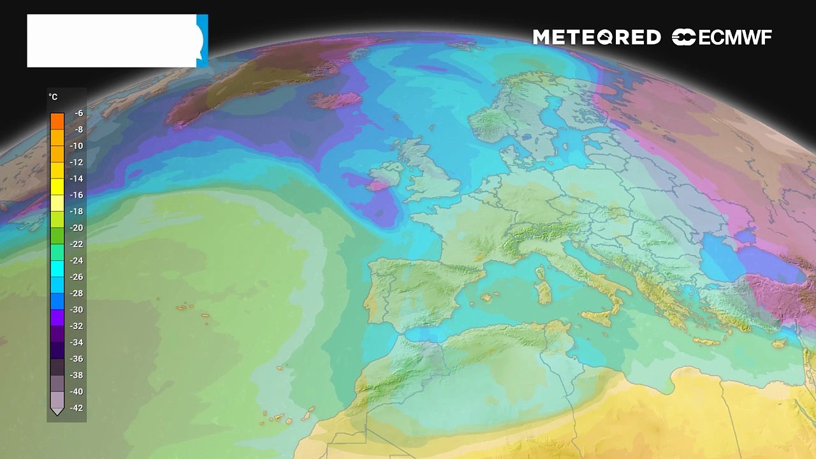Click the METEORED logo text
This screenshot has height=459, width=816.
click(x=597, y=38)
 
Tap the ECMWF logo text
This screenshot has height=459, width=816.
click(x=722, y=38)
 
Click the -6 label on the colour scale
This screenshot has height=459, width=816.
click(x=78, y=113)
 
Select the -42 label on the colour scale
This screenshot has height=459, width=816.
click(x=77, y=408)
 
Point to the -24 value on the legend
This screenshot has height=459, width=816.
click(x=77, y=260)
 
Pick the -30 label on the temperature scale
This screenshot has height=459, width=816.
click(x=77, y=310)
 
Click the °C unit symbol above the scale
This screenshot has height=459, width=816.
click(x=53, y=97)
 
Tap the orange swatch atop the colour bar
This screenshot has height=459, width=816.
click(x=57, y=120)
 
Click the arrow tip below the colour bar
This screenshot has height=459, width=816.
click(x=57, y=412)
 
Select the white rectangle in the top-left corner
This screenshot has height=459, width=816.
click(x=112, y=41)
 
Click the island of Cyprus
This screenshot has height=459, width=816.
click(x=779, y=344)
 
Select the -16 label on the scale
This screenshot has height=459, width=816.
click(x=77, y=195)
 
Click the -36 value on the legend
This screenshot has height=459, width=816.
click(x=77, y=359)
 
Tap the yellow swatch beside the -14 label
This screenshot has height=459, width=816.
click(x=57, y=178)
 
